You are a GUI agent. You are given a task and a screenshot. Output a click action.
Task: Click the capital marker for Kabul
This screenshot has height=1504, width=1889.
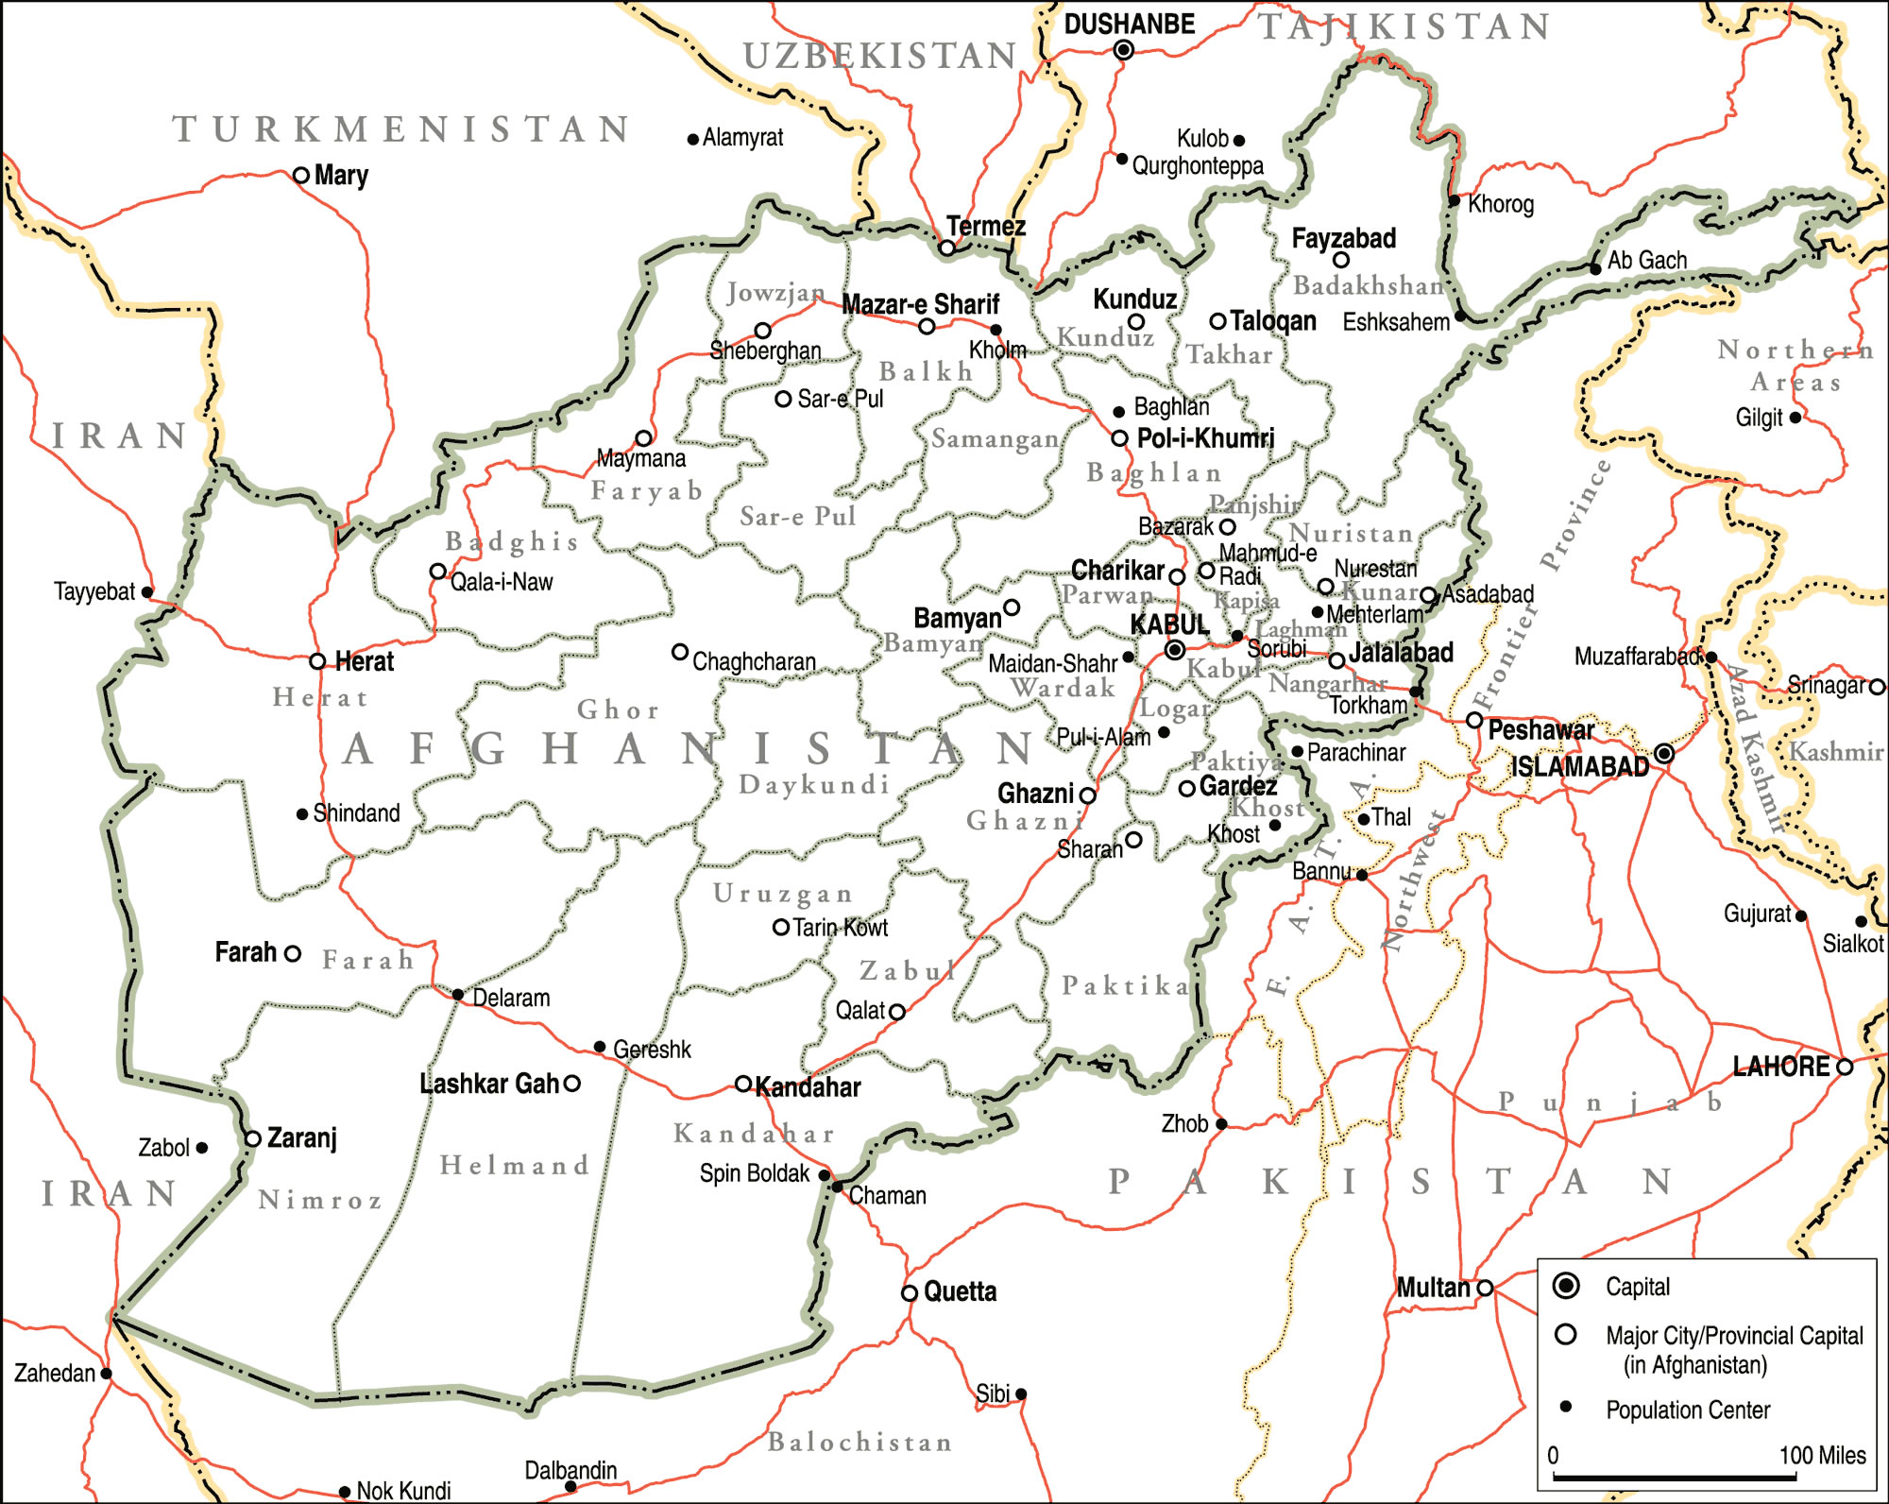pos(1175,650)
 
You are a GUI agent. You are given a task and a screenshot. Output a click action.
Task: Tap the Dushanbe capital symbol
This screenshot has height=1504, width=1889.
pos(1123,50)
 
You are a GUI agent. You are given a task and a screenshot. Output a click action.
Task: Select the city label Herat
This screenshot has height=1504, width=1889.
pos(364,661)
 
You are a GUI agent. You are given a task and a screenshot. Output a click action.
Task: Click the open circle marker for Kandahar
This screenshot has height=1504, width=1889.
pos(743,1084)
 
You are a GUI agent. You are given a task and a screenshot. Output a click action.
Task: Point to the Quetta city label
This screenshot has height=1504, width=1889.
pos(960,1291)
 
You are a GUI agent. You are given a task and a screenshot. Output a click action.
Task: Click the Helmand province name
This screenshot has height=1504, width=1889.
pos(515,1165)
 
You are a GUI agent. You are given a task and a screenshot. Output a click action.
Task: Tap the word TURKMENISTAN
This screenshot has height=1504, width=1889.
pos(401,129)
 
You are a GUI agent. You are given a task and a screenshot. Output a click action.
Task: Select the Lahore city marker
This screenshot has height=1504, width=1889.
pos(1845,1067)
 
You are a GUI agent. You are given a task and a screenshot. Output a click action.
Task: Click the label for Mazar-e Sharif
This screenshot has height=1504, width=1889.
pos(920,304)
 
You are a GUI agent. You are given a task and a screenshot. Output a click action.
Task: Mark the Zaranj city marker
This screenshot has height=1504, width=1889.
pos(253,1138)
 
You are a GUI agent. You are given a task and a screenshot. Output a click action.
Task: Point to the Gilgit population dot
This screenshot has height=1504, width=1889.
pos(1795,417)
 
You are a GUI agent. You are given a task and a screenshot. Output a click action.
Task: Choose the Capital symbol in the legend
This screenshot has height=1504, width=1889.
pos(1566,1286)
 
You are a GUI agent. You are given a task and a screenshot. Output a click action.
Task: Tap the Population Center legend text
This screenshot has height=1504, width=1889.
pos(1688,1410)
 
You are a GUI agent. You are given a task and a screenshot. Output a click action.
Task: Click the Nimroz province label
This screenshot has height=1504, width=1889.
pos(320,1200)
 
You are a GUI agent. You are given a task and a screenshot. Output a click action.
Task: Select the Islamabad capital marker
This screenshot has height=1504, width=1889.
pos(1664,754)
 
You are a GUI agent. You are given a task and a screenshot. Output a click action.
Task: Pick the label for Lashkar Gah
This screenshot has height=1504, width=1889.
pos(489,1084)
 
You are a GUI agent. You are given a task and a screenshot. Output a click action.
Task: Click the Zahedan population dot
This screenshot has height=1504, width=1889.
pos(106,1374)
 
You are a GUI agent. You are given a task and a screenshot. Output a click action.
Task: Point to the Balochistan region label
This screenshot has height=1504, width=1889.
pos(859,1442)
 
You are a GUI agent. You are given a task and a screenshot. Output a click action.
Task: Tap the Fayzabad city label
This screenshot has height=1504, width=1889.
pos(1343,238)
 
